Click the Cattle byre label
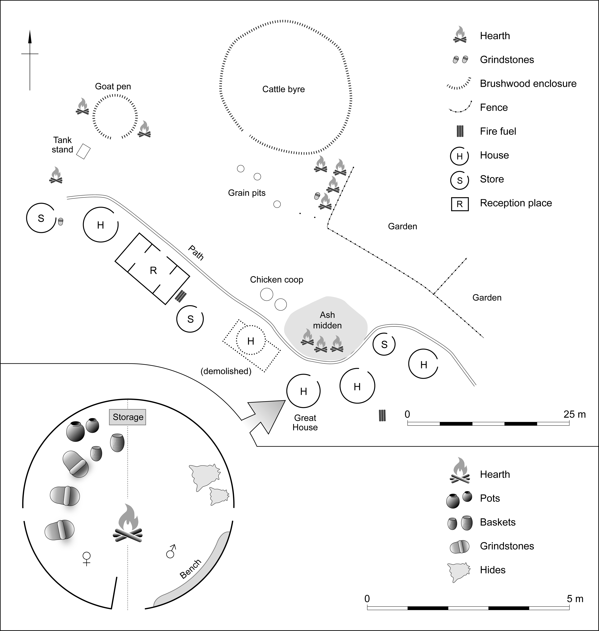[283, 89]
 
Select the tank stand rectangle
[83, 151]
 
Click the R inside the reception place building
[153, 271]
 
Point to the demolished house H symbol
[251, 341]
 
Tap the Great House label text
[305, 423]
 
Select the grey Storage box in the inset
[128, 417]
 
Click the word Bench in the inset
[191, 569]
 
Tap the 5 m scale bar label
[575, 599]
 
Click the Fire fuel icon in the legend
[460, 131]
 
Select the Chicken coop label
[277, 280]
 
